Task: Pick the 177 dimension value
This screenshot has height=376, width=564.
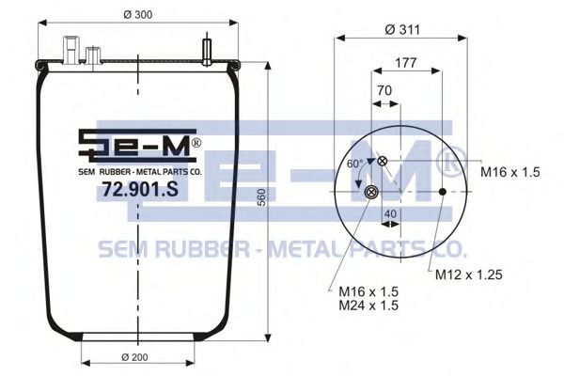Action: pos(406,63)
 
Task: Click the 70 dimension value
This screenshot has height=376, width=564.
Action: pos(384,91)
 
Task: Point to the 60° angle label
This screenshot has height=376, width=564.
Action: pos(355,164)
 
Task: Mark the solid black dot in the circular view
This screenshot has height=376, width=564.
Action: pos(443,193)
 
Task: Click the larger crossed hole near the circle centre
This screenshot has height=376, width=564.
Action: pos(371,193)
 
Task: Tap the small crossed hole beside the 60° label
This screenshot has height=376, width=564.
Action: pos(384,162)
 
